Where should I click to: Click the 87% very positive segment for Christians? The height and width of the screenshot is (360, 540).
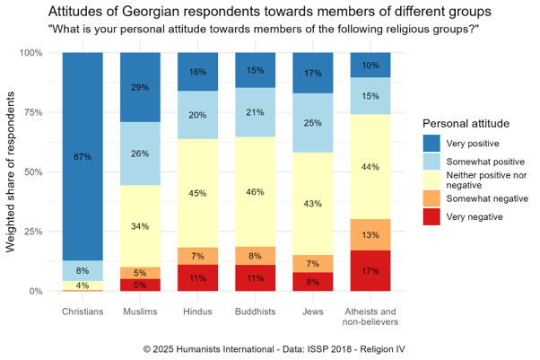[82, 156]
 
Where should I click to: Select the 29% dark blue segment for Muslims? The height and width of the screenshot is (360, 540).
[140, 87]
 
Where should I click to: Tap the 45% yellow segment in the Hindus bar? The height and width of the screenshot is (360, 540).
[197, 190]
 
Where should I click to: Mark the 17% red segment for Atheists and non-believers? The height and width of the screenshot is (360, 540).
[370, 270]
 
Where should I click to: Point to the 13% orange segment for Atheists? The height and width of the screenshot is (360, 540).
[370, 234]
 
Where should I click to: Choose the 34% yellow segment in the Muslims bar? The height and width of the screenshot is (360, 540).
[140, 225]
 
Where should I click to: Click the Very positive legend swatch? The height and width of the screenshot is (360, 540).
[432, 144]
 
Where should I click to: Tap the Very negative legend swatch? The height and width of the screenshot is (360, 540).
[432, 216]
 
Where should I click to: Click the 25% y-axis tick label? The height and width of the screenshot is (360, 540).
[32, 232]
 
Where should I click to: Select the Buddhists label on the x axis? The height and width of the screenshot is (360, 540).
[255, 311]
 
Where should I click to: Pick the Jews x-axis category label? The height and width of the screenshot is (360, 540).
[313, 311]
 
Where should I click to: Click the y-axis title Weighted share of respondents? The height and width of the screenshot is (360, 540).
[13, 171]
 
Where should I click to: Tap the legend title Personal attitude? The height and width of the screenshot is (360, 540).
[466, 122]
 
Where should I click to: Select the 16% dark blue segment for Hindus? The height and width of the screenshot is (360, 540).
[197, 72]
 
